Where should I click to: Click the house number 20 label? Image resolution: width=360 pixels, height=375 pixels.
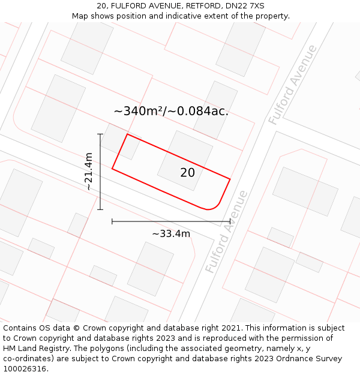pos(187,173)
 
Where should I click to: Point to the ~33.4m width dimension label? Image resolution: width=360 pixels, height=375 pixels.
pos(171,234)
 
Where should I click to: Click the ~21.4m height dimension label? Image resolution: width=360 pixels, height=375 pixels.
pos(88,172)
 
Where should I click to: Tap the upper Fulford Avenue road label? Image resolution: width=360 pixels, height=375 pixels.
pos(292,85)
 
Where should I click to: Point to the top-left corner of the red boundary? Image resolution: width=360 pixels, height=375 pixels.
pos(127,134)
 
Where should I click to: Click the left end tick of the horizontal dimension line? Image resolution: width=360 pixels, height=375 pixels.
pos(112,221)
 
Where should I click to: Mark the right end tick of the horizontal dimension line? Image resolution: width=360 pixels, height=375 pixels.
pos(230,221)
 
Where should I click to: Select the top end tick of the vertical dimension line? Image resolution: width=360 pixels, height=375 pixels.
pos(100,134)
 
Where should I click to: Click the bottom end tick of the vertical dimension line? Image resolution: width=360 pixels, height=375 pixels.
pos(100,209)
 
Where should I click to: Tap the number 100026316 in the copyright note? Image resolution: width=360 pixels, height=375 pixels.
pos(25,369)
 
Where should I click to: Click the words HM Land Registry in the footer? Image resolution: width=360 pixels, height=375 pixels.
pos(36,349)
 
